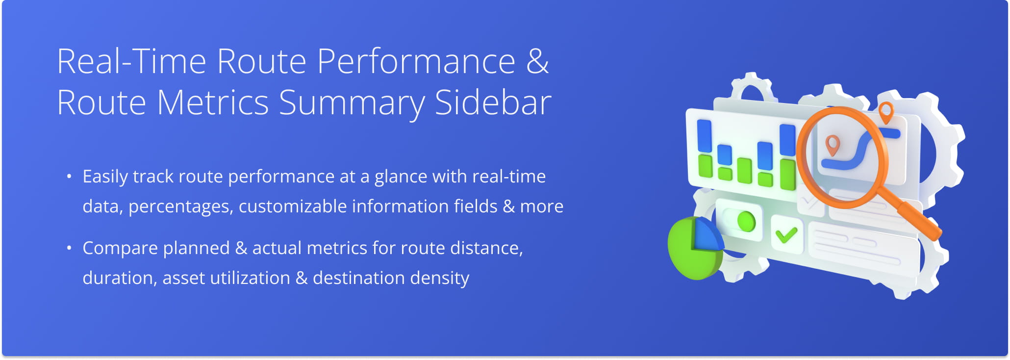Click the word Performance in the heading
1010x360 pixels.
coord(416,62)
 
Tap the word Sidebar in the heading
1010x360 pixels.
coord(493,103)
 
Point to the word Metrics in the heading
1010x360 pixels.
coord(212,103)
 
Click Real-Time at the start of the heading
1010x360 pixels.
coord(131,62)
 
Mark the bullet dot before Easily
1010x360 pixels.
coord(69,176)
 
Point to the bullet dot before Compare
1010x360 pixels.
coord(69,248)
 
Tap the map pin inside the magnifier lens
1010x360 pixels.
coord(833,145)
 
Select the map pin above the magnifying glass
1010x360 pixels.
coord(885,112)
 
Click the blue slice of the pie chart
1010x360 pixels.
coord(707,235)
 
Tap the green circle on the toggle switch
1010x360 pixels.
coord(746,221)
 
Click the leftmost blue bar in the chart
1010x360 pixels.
coord(704,136)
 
